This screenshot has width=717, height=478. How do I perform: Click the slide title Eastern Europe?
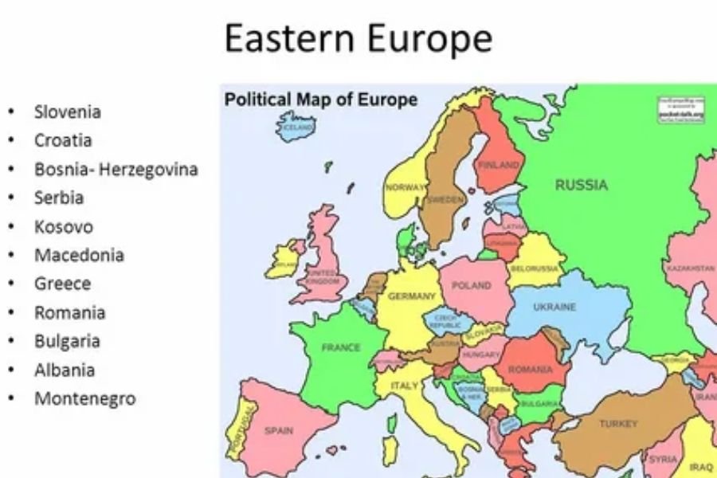click(x=358, y=38)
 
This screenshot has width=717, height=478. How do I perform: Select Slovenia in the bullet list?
click(x=67, y=112)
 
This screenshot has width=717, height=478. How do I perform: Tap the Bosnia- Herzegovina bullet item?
click(x=116, y=169)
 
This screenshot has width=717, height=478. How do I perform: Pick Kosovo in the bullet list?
click(x=63, y=226)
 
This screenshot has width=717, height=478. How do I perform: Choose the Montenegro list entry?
click(x=84, y=398)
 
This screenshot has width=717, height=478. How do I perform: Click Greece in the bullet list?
click(x=62, y=284)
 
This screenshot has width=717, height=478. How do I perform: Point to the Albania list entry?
click(x=64, y=370)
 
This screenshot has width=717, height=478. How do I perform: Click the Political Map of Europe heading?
click(x=320, y=100)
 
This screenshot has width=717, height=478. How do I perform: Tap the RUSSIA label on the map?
click(x=581, y=186)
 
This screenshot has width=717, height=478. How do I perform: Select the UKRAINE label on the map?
click(x=554, y=307)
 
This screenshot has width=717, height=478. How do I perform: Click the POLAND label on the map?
click(x=472, y=285)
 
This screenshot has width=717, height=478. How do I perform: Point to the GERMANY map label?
click(x=411, y=296)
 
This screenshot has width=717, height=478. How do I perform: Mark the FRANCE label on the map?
click(x=341, y=347)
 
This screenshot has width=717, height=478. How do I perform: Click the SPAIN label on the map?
click(x=279, y=431)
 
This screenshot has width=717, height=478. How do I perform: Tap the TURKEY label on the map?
click(x=618, y=424)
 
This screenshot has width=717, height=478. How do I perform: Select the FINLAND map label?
click(x=497, y=165)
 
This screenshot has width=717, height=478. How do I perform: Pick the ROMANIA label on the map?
click(x=530, y=370)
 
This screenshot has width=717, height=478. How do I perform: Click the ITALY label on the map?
click(x=404, y=386)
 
